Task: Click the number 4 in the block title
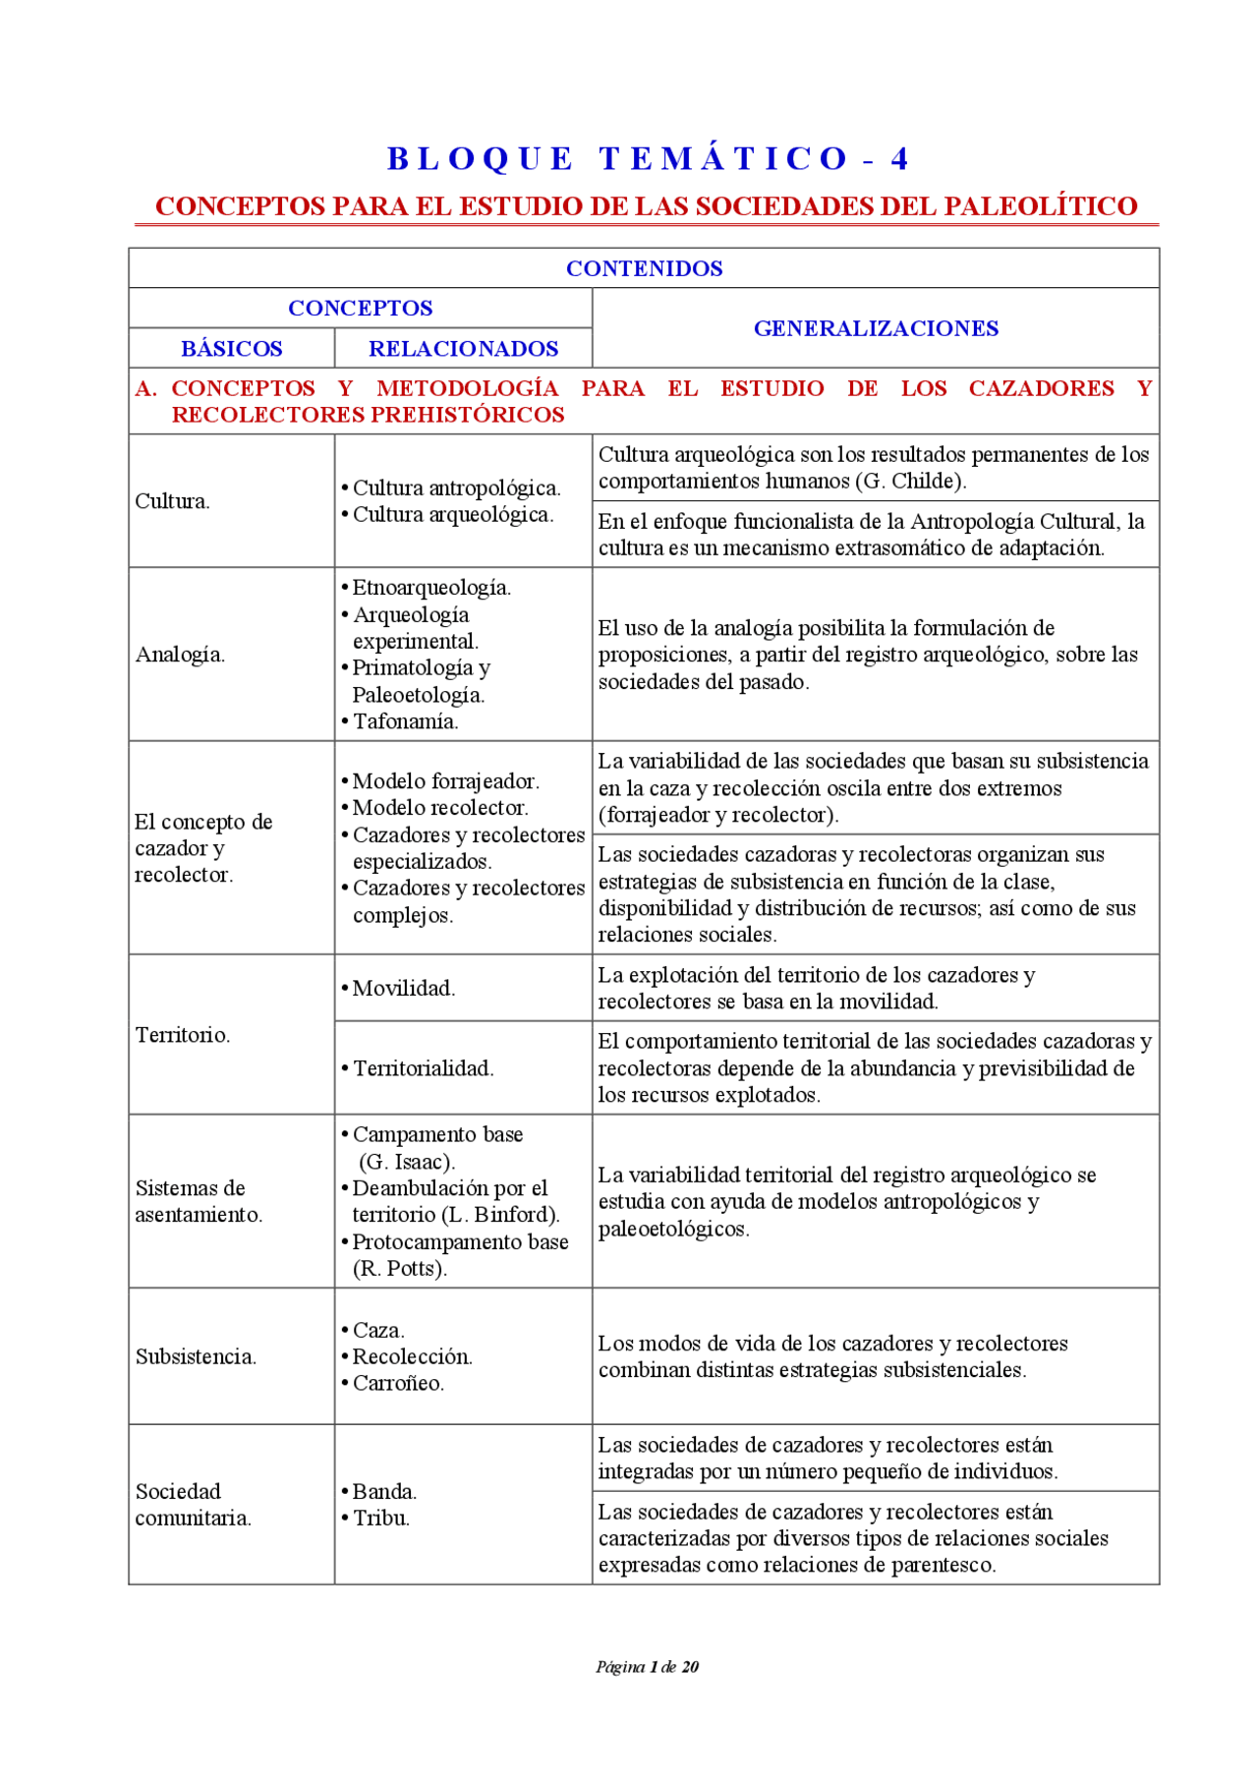coord(899,159)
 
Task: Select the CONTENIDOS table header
coord(644,268)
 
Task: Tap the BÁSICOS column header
coord(232,349)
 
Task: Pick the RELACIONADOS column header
coord(463,349)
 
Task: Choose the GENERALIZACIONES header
coord(876,328)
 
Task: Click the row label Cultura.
coord(172,501)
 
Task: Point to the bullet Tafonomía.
coord(405,721)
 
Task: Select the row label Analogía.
coord(180,655)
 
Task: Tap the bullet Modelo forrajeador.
coord(444,781)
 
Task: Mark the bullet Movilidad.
coord(403,989)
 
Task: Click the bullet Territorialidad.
coord(423,1068)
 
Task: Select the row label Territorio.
coord(183,1035)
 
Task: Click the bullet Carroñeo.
coord(398,1384)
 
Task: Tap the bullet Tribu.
coord(380,1519)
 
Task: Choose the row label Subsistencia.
coord(196,1357)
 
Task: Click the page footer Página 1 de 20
coord(647,1667)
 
